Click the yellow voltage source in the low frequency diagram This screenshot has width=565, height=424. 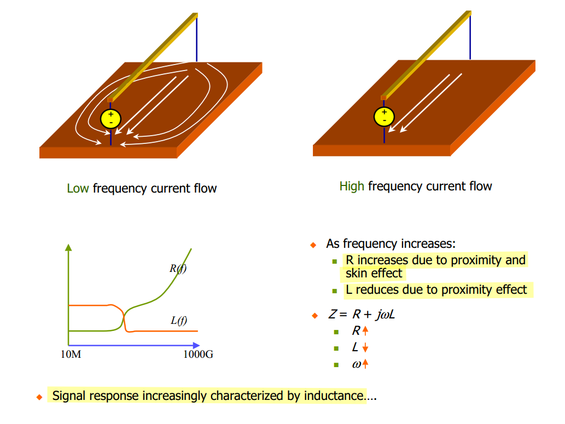click(x=110, y=119)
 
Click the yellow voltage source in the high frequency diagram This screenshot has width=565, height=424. click(x=384, y=116)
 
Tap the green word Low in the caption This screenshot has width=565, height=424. click(x=78, y=189)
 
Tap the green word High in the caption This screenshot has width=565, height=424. click(x=351, y=187)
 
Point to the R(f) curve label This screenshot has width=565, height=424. click(x=178, y=268)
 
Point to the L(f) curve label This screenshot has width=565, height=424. click(x=179, y=321)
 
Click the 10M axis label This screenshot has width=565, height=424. click(x=71, y=355)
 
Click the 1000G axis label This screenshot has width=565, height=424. click(x=198, y=355)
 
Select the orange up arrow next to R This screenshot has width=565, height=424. click(x=365, y=331)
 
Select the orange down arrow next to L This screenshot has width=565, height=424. click(x=365, y=348)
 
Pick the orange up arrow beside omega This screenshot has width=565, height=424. click(x=365, y=364)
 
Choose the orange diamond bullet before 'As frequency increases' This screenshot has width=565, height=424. click(x=313, y=245)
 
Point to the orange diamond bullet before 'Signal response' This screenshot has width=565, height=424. click(x=39, y=397)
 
